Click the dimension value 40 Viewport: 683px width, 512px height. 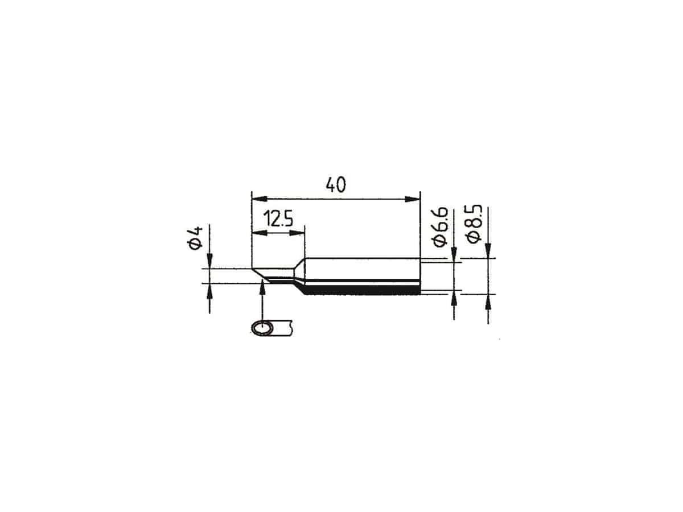[x=335, y=185]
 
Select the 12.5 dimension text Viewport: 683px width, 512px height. [x=278, y=218]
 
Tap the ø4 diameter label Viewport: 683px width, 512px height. [x=195, y=238]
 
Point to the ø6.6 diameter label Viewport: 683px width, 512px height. [x=441, y=227]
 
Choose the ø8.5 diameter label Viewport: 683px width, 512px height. [x=474, y=224]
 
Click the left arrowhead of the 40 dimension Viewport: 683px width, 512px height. [x=259, y=199]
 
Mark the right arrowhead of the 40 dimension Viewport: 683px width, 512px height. [x=412, y=199]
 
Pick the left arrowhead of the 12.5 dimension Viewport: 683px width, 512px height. [x=259, y=233]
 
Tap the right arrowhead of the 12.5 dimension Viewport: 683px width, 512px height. [x=297, y=233]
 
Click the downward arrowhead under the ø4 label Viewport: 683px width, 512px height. [x=209, y=261]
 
